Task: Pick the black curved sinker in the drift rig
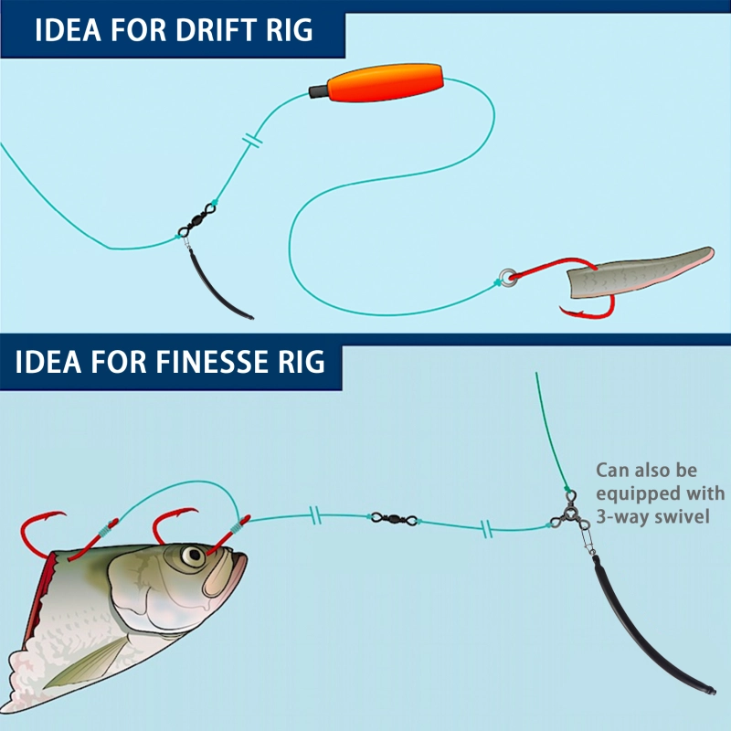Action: coord(219,288)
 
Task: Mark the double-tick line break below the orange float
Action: coord(253,142)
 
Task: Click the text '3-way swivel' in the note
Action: coord(651,516)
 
